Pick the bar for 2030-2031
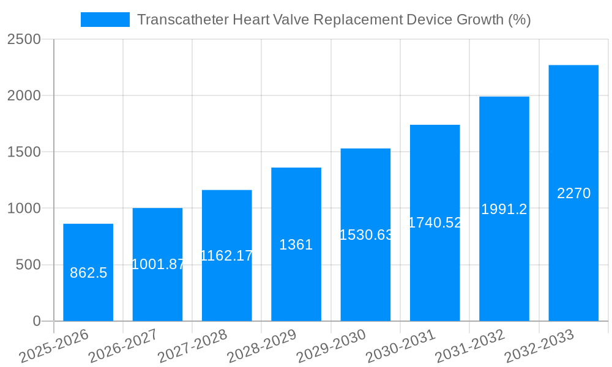coord(435,275)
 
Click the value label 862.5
coord(88,273)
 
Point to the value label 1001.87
coord(158,264)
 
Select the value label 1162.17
coord(227,256)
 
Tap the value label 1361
coord(296,245)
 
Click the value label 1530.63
coord(365,235)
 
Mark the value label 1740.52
coord(435,223)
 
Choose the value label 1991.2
coord(504,209)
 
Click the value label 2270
coord(573,193)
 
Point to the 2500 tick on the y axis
coord(23,40)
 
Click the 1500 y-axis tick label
coord(23,152)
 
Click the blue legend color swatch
coord(105,20)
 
